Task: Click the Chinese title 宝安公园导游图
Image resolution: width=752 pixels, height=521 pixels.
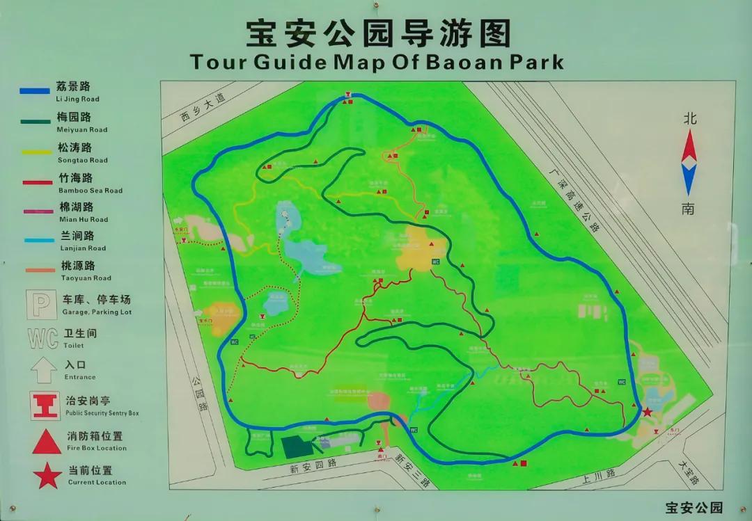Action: click(379, 33)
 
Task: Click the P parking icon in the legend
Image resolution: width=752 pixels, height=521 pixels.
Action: click(42, 304)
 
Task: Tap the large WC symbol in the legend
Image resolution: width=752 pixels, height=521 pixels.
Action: click(42, 338)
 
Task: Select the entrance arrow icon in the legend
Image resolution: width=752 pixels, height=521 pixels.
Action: click(43, 369)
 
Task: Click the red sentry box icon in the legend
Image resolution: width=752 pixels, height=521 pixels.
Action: click(45, 405)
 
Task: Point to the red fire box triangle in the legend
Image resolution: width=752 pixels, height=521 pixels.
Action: click(47, 441)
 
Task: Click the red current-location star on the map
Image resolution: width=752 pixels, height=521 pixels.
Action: click(648, 412)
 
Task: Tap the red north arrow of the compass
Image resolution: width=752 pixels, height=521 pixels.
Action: click(689, 146)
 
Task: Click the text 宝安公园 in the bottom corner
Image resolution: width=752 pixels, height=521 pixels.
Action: click(694, 508)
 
